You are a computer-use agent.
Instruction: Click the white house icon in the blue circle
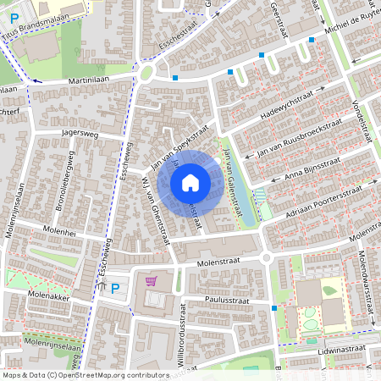click(190, 182)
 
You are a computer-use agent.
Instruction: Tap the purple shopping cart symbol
click(151, 281)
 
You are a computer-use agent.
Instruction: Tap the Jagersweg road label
click(80, 134)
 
